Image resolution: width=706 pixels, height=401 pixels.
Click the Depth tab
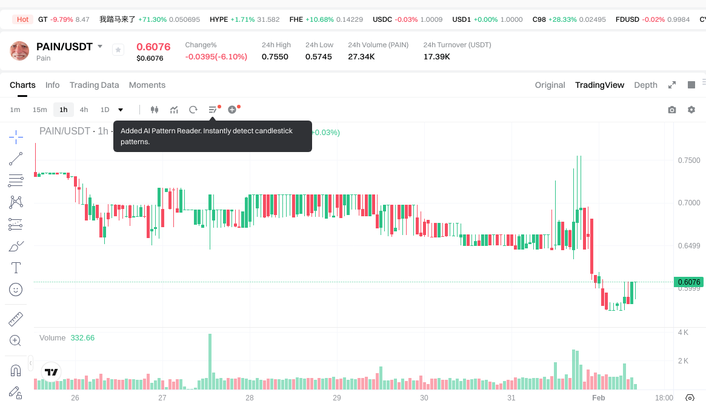[x=645, y=85]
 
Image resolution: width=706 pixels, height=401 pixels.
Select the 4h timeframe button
[x=84, y=110]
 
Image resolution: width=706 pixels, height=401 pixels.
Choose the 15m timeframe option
[x=39, y=110]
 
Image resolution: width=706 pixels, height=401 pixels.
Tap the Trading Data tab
[x=94, y=85]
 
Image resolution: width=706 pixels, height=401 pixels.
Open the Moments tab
[x=147, y=85]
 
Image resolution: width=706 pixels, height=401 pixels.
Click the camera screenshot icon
[x=671, y=110]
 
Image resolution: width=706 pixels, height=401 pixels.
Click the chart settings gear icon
[x=691, y=110]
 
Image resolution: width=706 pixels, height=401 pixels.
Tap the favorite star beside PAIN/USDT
[x=118, y=50]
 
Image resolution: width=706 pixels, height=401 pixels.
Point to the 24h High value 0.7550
[x=275, y=57]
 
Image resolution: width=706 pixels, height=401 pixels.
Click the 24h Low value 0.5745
[x=319, y=57]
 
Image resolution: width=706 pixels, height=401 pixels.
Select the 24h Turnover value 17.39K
[x=436, y=57]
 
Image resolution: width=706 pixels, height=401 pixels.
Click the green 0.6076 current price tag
[x=689, y=282]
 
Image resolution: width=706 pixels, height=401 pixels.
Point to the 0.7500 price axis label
[x=688, y=161]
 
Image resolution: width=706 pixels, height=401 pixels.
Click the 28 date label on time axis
[x=249, y=398]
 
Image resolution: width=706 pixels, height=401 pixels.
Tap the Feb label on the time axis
[x=599, y=398]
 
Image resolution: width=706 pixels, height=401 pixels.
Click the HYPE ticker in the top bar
[x=219, y=19]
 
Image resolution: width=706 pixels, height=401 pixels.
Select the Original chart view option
[x=550, y=85]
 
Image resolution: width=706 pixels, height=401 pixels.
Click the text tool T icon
[x=16, y=268]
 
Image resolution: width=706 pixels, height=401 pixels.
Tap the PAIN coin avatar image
[x=20, y=51]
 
